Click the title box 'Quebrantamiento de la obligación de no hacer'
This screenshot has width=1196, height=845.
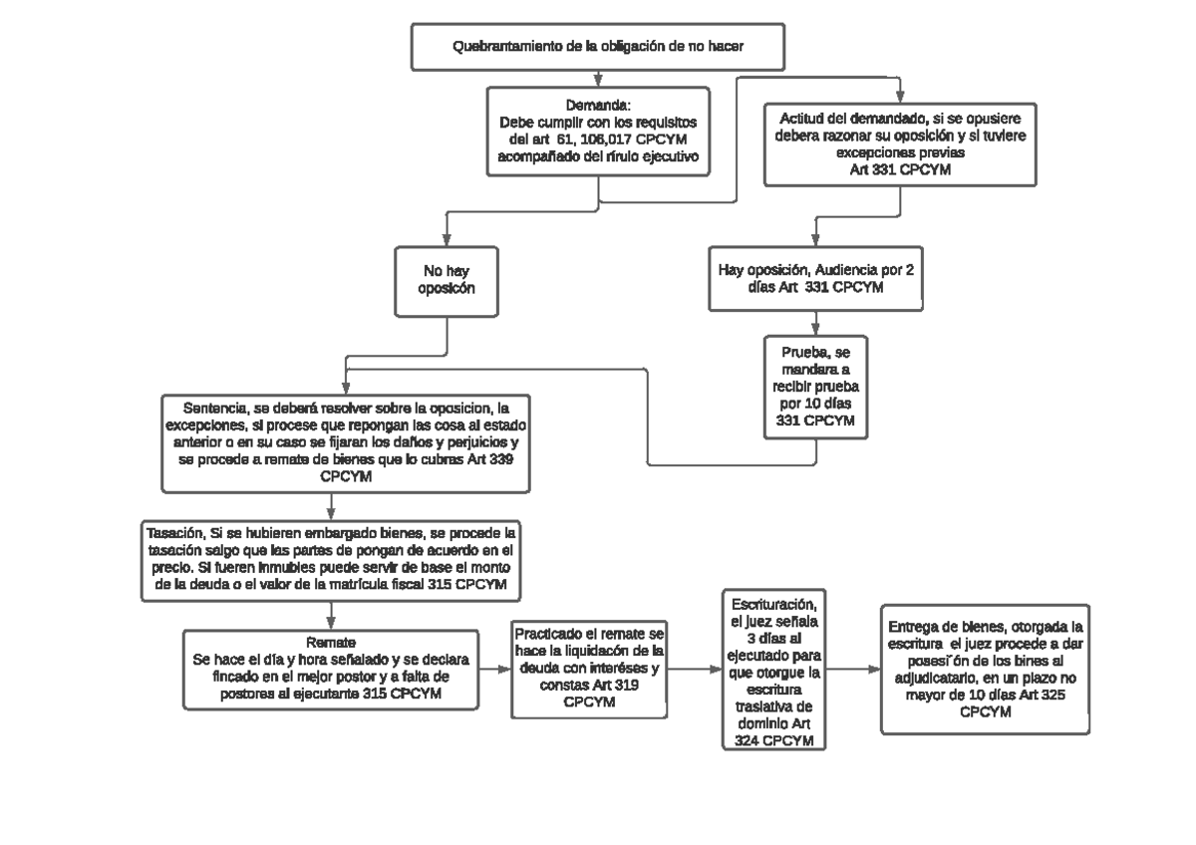point(597,46)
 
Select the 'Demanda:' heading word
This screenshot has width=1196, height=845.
point(598,106)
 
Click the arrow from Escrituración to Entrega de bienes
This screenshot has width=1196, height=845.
point(853,669)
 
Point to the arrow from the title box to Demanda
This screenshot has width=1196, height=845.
point(598,78)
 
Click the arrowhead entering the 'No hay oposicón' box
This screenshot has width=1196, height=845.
point(446,241)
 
